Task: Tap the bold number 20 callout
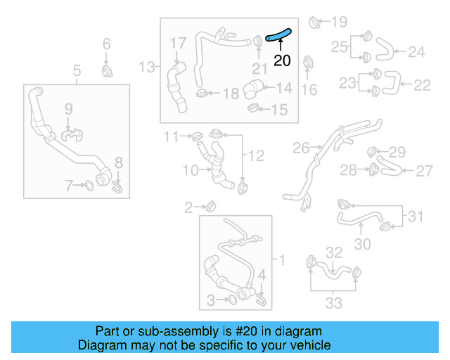click(x=282, y=61)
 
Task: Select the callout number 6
click(x=107, y=44)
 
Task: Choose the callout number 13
click(x=146, y=67)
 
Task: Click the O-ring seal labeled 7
click(x=90, y=186)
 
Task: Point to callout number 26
click(x=301, y=148)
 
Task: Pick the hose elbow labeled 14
click(x=252, y=91)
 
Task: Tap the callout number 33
click(x=333, y=303)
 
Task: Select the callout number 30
click(x=362, y=244)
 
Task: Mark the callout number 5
click(x=77, y=70)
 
